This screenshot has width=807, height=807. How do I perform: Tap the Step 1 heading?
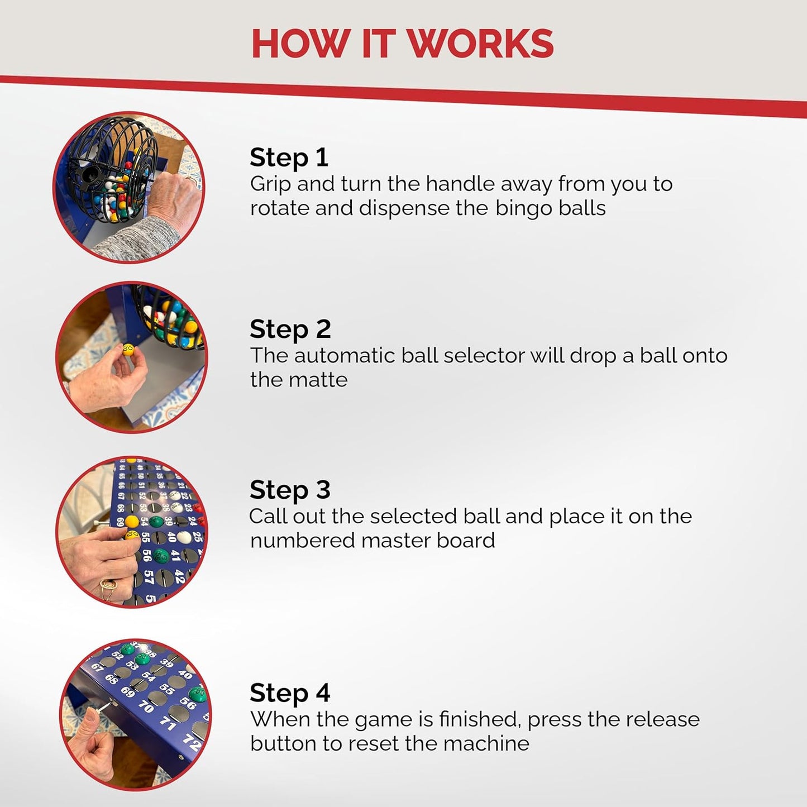point(289,158)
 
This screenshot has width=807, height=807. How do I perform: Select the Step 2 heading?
point(290,329)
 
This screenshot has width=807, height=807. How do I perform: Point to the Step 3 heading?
point(290,490)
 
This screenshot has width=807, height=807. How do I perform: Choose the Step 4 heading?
point(290,693)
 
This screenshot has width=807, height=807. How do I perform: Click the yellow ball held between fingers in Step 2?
point(128,349)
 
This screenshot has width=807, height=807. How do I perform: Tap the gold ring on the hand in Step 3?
point(108,590)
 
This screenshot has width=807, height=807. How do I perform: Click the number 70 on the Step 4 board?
point(146,707)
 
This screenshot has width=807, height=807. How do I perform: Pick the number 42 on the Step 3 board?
point(179,576)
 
